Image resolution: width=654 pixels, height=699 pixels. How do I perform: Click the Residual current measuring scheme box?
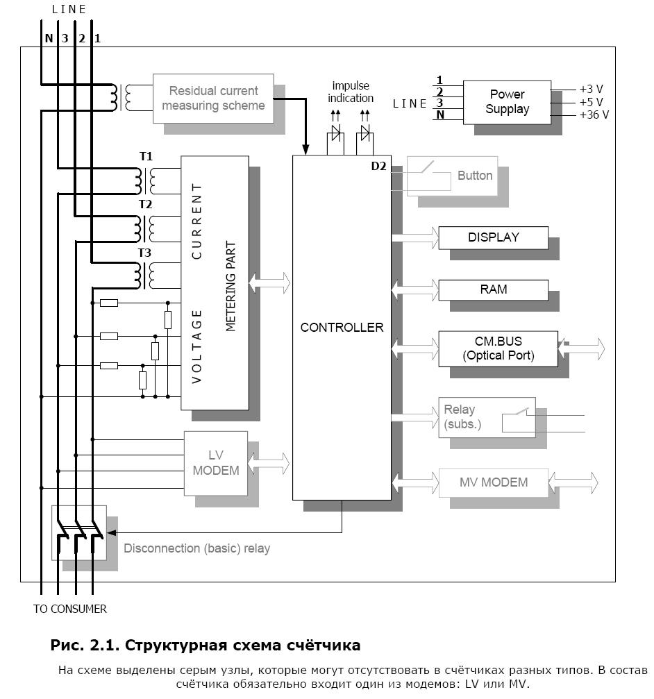pyautogui.click(x=213, y=99)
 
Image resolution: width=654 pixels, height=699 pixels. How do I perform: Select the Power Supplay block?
pyautogui.click(x=507, y=102)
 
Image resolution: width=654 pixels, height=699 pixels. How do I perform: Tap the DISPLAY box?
pyautogui.click(x=494, y=237)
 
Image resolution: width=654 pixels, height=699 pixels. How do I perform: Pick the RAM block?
pyautogui.click(x=494, y=289)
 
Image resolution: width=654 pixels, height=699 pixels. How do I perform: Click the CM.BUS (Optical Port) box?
pyautogui.click(x=498, y=348)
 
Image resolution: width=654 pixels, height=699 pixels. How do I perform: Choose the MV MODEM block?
pyautogui.click(x=494, y=482)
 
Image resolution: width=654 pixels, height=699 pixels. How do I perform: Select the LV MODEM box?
pyautogui.click(x=216, y=463)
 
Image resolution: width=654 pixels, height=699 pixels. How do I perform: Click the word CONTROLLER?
pyautogui.click(x=342, y=328)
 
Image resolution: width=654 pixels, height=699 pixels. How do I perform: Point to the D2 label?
pyautogui.click(x=378, y=166)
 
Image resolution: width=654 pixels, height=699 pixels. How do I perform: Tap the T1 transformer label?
pyautogui.click(x=146, y=156)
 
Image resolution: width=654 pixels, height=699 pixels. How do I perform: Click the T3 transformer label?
pyautogui.click(x=144, y=253)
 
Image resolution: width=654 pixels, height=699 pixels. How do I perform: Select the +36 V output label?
pyautogui.click(x=594, y=115)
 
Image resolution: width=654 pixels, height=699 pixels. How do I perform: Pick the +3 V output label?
pyautogui.click(x=591, y=89)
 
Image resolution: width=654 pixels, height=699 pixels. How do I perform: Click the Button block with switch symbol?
pyautogui.click(x=452, y=176)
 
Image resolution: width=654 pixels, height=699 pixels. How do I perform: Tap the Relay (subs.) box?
pyautogui.click(x=487, y=417)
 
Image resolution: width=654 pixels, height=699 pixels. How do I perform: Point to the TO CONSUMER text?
pyautogui.click(x=70, y=609)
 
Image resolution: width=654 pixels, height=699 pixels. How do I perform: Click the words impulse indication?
pyautogui.click(x=351, y=92)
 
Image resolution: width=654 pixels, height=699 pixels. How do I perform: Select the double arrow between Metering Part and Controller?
pyautogui.click(x=269, y=283)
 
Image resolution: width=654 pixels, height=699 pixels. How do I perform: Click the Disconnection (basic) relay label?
pyautogui.click(x=196, y=548)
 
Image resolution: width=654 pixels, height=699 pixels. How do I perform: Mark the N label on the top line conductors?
pyautogui.click(x=49, y=38)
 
